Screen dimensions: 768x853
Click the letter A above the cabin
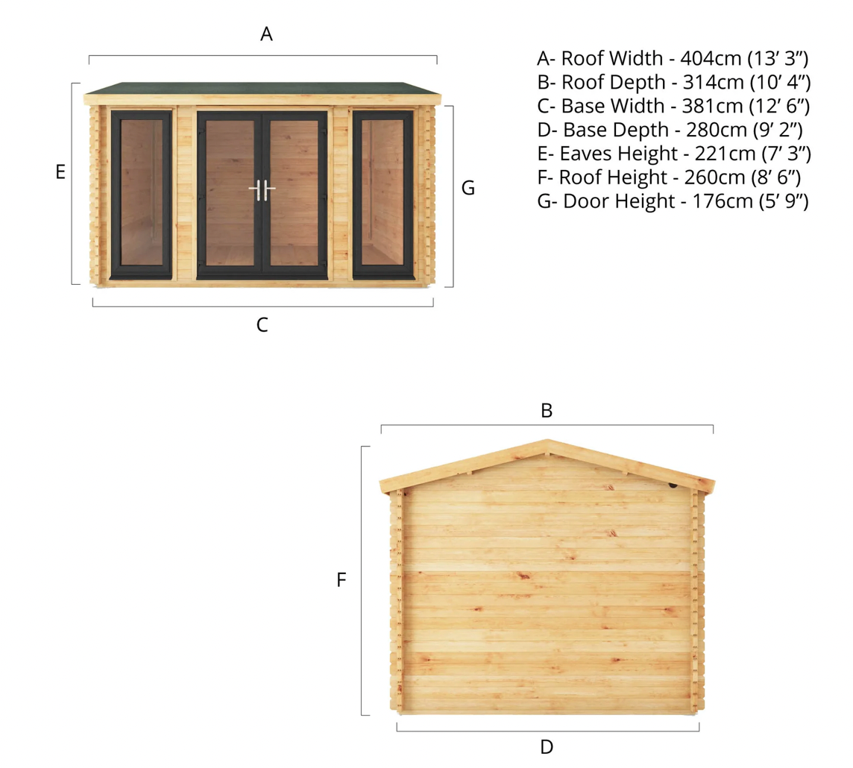point(266,34)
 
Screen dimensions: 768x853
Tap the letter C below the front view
point(262,325)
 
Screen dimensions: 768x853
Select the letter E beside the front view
point(61,172)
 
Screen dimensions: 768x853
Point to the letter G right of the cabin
point(468,188)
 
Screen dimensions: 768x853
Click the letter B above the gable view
point(547,410)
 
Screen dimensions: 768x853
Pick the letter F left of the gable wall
point(341,579)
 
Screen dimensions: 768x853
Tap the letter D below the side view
point(547,746)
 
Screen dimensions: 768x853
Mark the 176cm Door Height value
point(711,201)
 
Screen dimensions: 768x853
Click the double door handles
point(262,190)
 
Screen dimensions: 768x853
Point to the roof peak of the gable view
point(547,441)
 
